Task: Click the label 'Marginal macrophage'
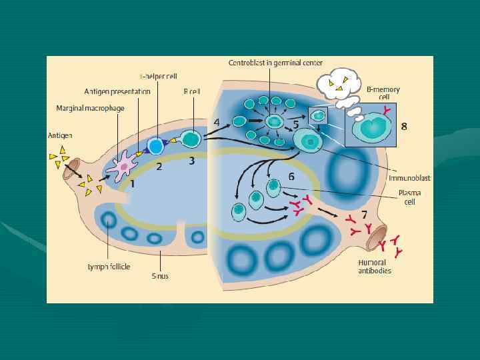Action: [85, 108]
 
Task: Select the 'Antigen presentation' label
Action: [117, 91]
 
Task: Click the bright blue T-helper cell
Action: [155, 145]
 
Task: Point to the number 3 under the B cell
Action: [191, 161]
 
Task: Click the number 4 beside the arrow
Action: [217, 122]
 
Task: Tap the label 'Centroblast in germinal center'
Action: [275, 63]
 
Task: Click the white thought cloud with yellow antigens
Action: [338, 85]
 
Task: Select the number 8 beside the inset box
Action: [404, 126]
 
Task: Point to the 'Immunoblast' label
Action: [413, 178]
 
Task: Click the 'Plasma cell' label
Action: [409, 197]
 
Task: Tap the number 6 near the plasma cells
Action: [291, 176]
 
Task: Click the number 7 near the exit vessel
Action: [364, 215]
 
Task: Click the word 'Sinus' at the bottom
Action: [160, 275]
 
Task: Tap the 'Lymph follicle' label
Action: [109, 267]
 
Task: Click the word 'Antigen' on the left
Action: [60, 135]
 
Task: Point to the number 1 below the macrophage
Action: [133, 183]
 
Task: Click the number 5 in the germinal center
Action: [295, 125]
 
